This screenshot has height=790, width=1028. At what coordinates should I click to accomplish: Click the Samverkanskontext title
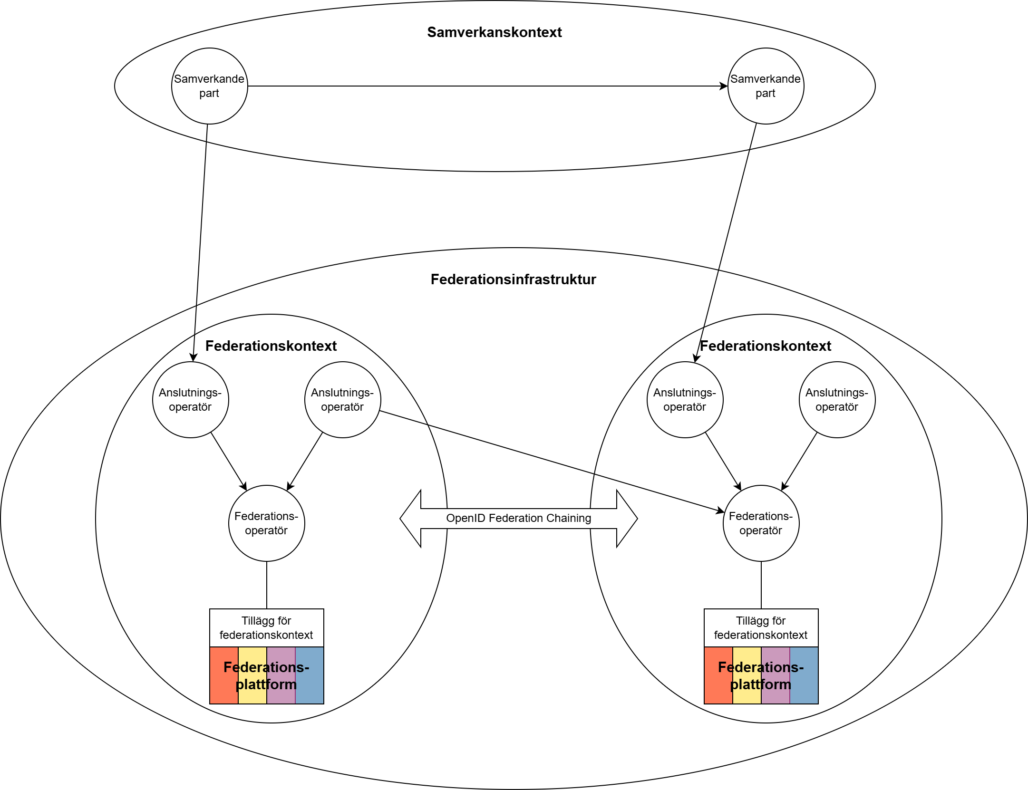(494, 32)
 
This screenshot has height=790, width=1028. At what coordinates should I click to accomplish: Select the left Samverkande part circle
(209, 86)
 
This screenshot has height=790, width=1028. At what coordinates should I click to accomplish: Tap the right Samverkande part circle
(766, 86)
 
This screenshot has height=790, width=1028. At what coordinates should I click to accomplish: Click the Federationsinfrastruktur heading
(513, 279)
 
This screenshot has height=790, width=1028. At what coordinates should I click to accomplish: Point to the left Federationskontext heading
(271, 346)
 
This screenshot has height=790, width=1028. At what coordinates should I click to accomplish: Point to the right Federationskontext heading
(766, 346)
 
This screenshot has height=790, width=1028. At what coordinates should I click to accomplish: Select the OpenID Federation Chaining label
(518, 518)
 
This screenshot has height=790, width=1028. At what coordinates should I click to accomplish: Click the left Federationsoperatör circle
(266, 523)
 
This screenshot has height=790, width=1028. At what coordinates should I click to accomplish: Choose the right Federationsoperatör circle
(761, 523)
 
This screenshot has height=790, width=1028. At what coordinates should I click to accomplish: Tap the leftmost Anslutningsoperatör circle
(190, 400)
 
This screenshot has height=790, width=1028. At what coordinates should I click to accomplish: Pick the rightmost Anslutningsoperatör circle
(837, 400)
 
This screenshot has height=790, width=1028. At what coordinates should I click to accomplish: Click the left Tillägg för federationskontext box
(266, 628)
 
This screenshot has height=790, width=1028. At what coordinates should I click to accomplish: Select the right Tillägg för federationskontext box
(761, 628)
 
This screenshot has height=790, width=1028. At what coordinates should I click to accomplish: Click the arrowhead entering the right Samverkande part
(724, 86)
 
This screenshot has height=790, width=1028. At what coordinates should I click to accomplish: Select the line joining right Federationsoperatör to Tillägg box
(761, 585)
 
